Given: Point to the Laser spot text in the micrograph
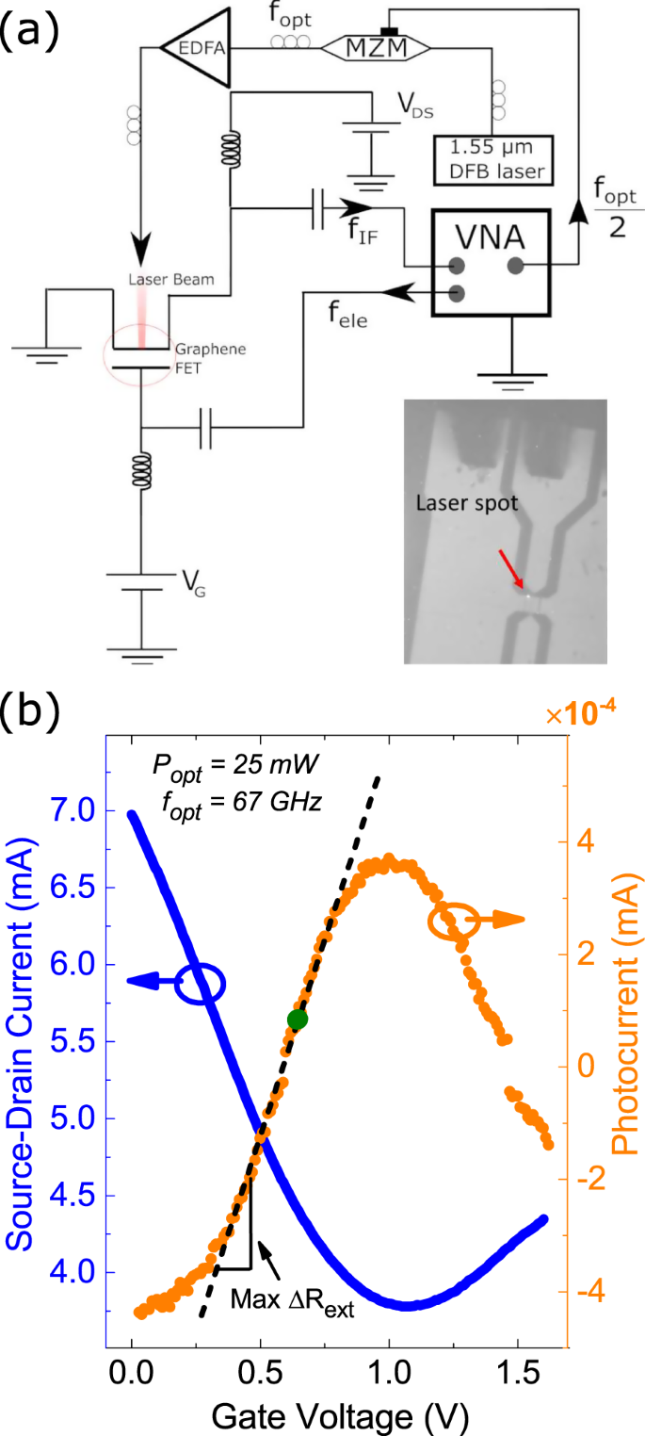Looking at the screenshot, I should (x=466, y=504).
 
